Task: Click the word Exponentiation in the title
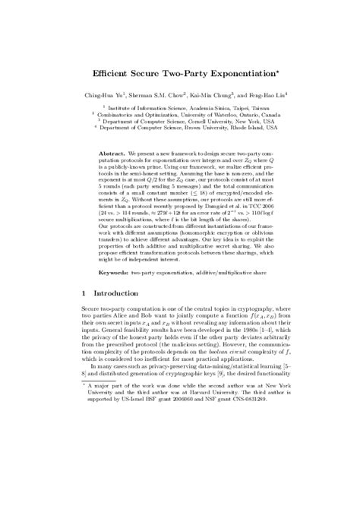pyautogui.click(x=224, y=77)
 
